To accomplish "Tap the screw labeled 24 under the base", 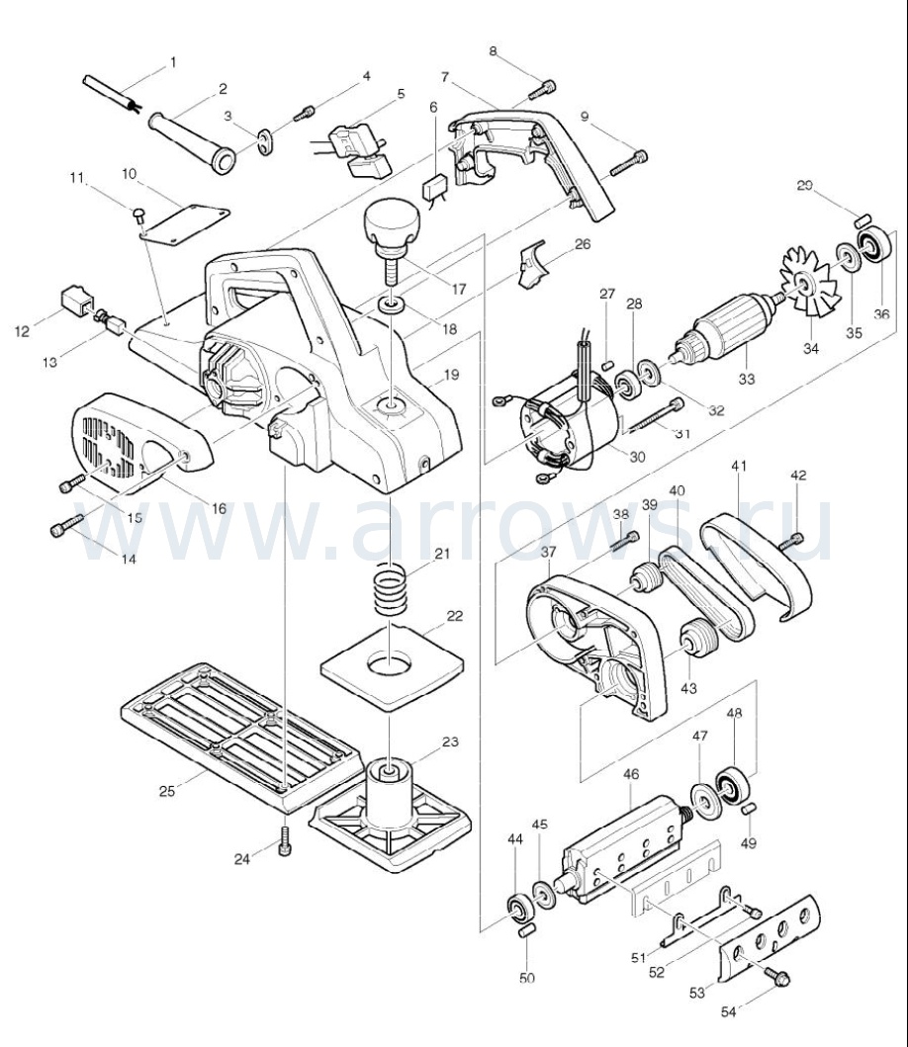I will coord(287,842).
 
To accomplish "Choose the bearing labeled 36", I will coord(872,248).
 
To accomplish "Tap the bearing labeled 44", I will coord(516,906).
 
